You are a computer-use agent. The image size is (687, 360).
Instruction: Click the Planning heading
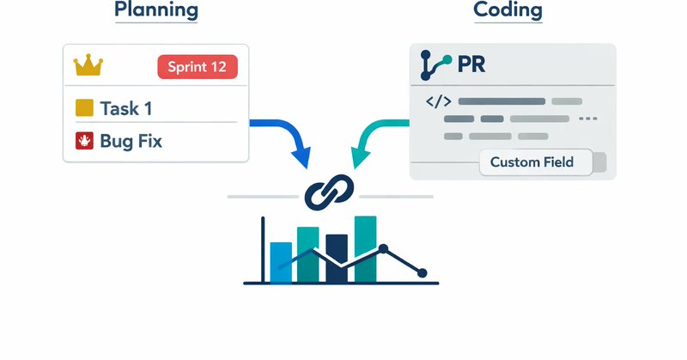[x=156, y=11]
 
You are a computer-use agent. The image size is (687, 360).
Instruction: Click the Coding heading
[x=509, y=11]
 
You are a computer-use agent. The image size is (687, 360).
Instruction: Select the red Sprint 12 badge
[x=198, y=67]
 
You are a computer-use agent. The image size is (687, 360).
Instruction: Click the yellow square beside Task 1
[x=84, y=108]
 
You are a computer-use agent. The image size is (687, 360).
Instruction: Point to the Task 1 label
[x=130, y=108]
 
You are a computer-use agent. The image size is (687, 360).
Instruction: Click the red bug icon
[x=84, y=141]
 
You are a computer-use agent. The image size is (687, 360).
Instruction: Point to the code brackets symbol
[x=438, y=101]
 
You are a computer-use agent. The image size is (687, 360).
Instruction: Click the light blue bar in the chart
[x=281, y=262]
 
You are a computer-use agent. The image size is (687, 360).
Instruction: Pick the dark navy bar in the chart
[x=337, y=259]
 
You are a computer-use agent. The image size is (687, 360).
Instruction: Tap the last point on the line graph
[x=422, y=272]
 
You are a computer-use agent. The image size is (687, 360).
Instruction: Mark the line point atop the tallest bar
[x=383, y=248]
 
